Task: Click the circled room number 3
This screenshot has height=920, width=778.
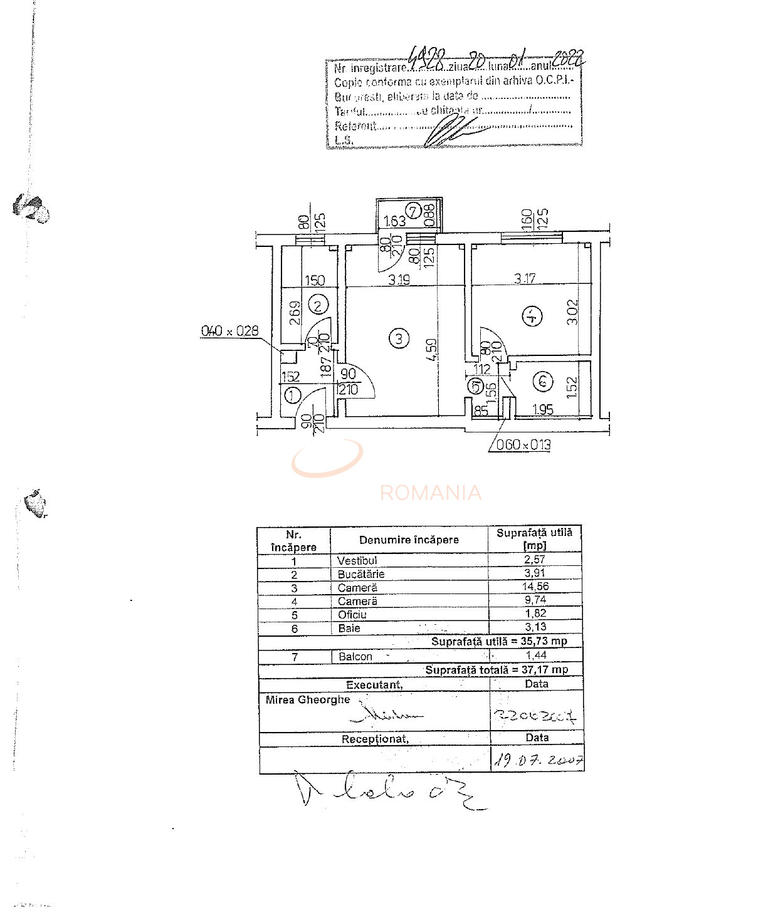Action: click(399, 339)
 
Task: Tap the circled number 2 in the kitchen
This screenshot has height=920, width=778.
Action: click(318, 305)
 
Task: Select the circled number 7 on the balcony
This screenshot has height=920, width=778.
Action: click(414, 211)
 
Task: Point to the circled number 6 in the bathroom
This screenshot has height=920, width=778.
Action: click(543, 380)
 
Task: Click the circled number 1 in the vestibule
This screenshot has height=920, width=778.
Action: click(292, 395)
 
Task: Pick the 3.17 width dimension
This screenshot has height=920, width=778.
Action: click(525, 278)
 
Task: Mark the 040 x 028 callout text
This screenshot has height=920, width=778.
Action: click(229, 330)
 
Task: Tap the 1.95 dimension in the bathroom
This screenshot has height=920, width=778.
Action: click(543, 410)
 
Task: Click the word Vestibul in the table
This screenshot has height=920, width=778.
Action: click(357, 560)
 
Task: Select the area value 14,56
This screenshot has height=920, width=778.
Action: click(535, 587)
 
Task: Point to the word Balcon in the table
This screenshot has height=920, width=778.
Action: click(355, 656)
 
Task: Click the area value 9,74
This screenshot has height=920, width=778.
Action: click(535, 600)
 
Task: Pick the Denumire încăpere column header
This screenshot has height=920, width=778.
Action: click(409, 540)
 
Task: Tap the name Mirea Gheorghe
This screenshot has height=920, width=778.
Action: click(308, 699)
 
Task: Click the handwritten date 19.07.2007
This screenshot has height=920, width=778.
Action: click(539, 760)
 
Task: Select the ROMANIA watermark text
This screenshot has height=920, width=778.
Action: click(431, 493)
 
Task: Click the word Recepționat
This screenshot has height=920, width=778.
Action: click(375, 739)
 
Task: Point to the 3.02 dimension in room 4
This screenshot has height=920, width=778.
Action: click(572, 311)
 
